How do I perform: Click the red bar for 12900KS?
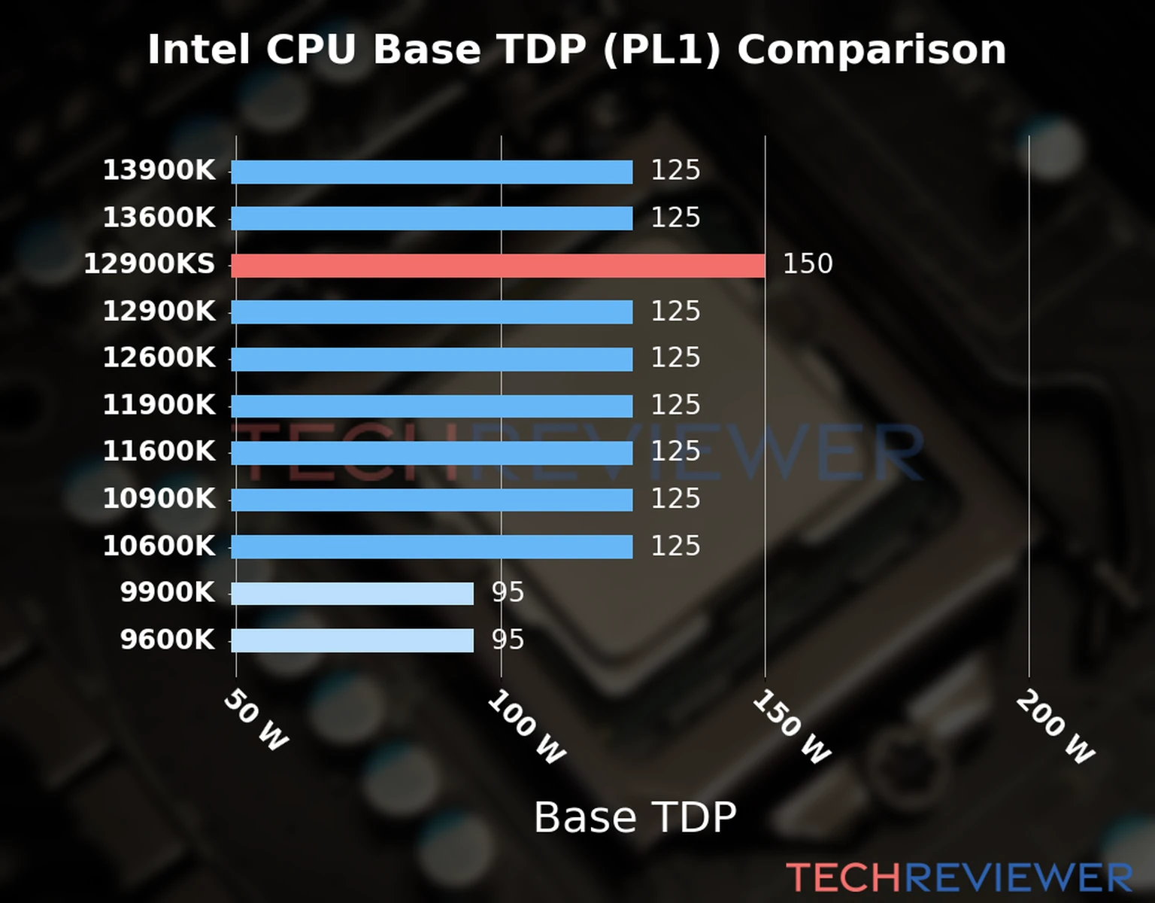[498, 266]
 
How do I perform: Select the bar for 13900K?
[432, 172]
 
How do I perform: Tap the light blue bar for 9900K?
[352, 594]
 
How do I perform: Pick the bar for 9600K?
[352, 640]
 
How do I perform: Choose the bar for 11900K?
[432, 406]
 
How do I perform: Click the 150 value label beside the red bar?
[808, 264]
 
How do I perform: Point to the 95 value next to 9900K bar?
[508, 593]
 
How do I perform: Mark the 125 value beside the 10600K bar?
[675, 546]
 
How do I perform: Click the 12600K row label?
[159, 358]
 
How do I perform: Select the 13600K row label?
[159, 218]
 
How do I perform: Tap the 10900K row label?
[159, 499]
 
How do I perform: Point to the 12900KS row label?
[149, 265]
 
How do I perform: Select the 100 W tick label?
[526, 727]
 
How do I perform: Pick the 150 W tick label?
[791, 727]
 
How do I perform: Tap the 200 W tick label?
[1055, 727]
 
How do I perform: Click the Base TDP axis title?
[635, 818]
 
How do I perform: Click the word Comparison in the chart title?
[871, 50]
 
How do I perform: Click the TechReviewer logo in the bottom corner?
[959, 878]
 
